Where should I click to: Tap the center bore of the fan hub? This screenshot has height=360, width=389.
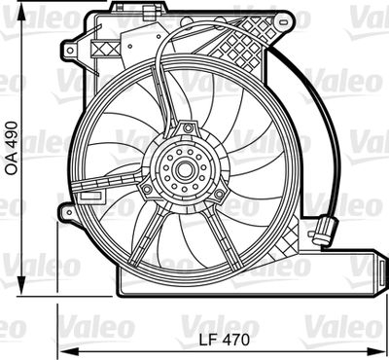click(x=182, y=171)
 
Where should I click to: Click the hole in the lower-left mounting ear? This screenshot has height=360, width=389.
click(x=67, y=210)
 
